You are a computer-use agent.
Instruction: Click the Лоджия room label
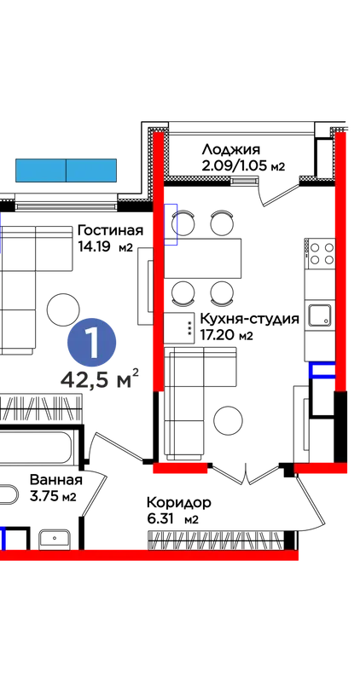pyautogui.click(x=230, y=150)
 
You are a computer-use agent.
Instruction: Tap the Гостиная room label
pyautogui.click(x=110, y=230)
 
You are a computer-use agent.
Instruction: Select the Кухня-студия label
pyautogui.click(x=249, y=319)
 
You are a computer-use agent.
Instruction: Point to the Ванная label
pyautogui.click(x=56, y=480)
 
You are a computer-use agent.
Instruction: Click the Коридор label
pyautogui.click(x=179, y=503)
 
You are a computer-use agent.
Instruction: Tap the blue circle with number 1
pyautogui.click(x=91, y=344)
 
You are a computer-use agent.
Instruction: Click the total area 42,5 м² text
pyautogui.click(x=100, y=379)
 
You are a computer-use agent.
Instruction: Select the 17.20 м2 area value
pyautogui.click(x=226, y=335)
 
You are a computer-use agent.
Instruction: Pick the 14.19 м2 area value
pyautogui.click(x=105, y=247)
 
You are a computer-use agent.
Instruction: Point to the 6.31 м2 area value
pyautogui.click(x=173, y=519)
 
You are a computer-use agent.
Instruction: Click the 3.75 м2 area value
pyautogui.click(x=53, y=496)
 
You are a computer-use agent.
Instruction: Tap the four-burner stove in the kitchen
pyautogui.click(x=320, y=253)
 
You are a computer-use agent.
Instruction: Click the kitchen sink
pyautogui.click(x=320, y=315)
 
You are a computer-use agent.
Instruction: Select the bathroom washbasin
pyautogui.click(x=55, y=539)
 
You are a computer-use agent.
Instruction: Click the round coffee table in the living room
pyautogui.click(x=63, y=309)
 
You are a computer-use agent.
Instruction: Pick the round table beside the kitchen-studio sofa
pyautogui.click(x=228, y=420)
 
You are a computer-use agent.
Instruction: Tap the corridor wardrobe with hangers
pyautogui.click(x=216, y=540)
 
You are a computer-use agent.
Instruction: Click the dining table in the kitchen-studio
pyautogui.click(x=203, y=258)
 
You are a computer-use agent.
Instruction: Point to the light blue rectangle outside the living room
pyautogui.click(x=67, y=170)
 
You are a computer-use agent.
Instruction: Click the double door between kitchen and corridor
pyautogui.click(x=247, y=473)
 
